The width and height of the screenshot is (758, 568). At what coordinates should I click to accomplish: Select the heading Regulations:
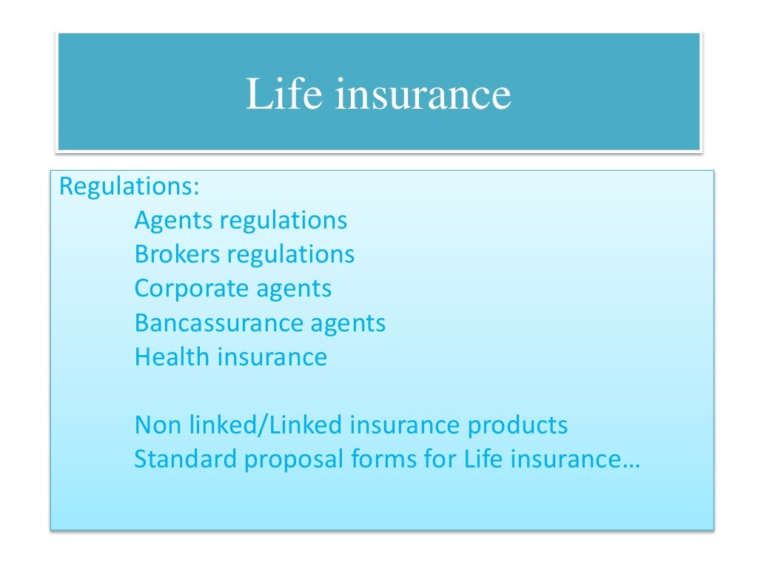click(130, 186)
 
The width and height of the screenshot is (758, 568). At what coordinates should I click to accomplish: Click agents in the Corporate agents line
click(291, 289)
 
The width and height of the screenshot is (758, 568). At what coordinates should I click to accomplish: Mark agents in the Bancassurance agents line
click(348, 324)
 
